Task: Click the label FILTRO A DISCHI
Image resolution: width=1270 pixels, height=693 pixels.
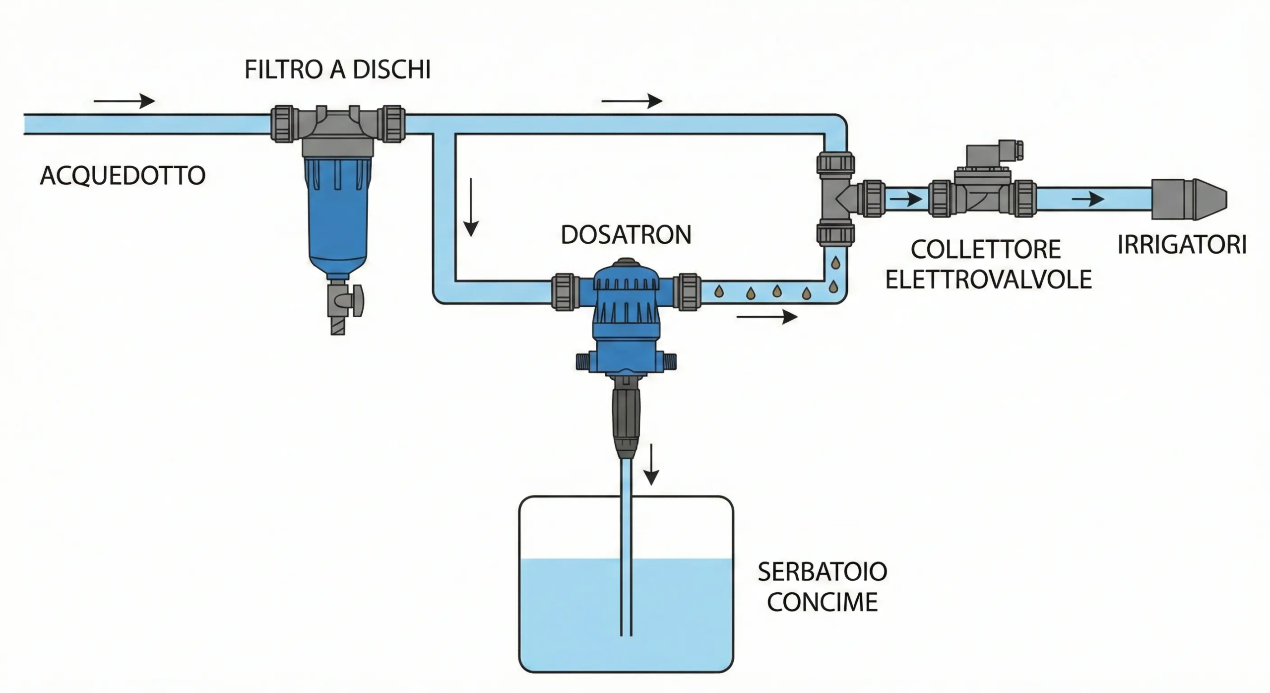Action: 337,70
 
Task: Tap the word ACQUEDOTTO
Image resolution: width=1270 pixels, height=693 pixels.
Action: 123,176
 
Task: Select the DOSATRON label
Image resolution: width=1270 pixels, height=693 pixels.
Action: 626,235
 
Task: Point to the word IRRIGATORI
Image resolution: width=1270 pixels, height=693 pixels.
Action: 1182,245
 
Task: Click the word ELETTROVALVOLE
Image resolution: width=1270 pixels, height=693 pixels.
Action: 989,280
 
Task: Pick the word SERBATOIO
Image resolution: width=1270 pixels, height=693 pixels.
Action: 823,572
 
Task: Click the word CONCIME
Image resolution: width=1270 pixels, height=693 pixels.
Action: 823,603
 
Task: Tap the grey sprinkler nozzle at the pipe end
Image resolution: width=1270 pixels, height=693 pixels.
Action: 1189,199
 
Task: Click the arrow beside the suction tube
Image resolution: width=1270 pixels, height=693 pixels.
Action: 651,464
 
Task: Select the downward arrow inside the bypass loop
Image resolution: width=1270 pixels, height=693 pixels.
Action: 471,207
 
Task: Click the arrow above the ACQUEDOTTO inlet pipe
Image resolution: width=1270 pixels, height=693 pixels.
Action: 125,101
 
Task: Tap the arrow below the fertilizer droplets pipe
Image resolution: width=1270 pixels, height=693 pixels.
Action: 767,317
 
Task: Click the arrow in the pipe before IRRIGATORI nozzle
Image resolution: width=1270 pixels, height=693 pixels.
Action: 1088,200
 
